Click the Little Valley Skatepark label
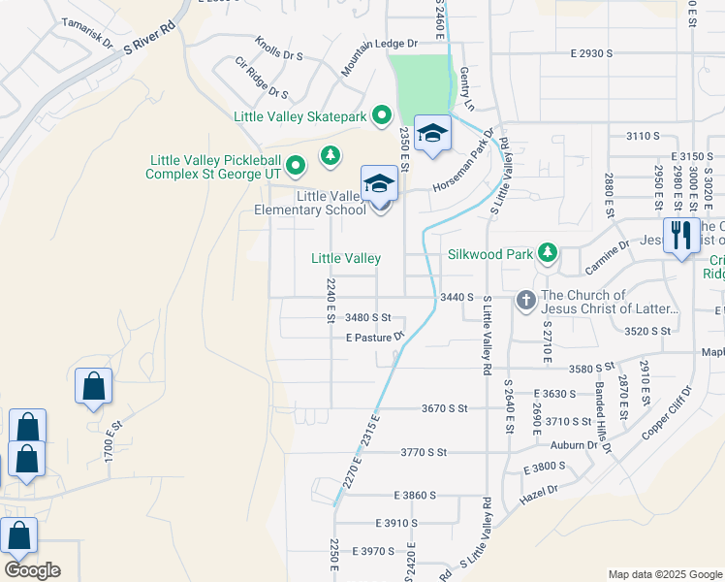tap(300, 116)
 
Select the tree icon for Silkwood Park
tap(548, 254)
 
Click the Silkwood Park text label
tap(491, 255)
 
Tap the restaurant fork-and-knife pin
tap(682, 236)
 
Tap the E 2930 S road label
tap(584, 53)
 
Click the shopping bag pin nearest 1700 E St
tap(93, 386)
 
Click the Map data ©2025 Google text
tap(665, 574)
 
